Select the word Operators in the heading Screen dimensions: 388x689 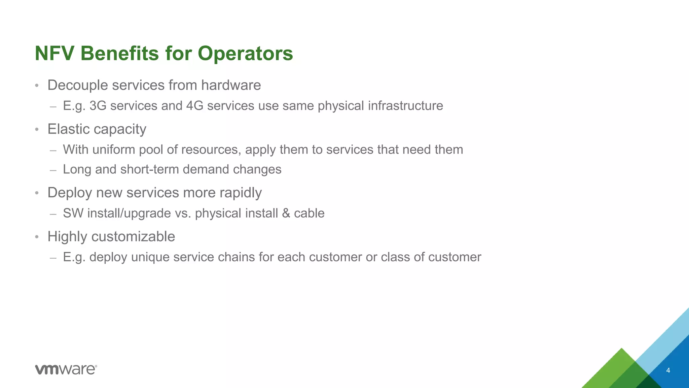click(245, 54)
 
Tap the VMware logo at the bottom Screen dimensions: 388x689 click(66, 369)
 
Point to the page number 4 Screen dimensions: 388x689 click(668, 370)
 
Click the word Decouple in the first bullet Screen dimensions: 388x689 click(78, 85)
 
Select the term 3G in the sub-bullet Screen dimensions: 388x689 click(98, 106)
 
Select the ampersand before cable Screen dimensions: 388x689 click(286, 213)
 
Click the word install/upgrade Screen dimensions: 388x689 click(129, 214)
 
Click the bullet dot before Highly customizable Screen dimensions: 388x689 click(37, 237)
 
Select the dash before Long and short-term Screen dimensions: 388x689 click(53, 170)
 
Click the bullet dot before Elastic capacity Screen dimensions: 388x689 click(37, 130)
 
